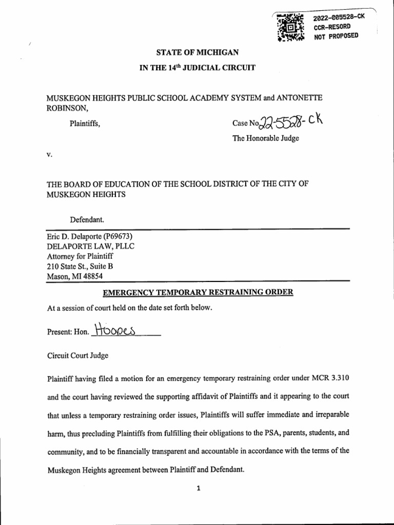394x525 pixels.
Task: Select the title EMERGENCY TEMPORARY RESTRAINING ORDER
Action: pos(198,292)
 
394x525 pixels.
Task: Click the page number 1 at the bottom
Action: pos(198,489)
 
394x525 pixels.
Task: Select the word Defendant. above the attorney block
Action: pos(87,220)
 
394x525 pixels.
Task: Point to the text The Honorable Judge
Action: pos(265,138)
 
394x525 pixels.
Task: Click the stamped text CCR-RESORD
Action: pos(332,27)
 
